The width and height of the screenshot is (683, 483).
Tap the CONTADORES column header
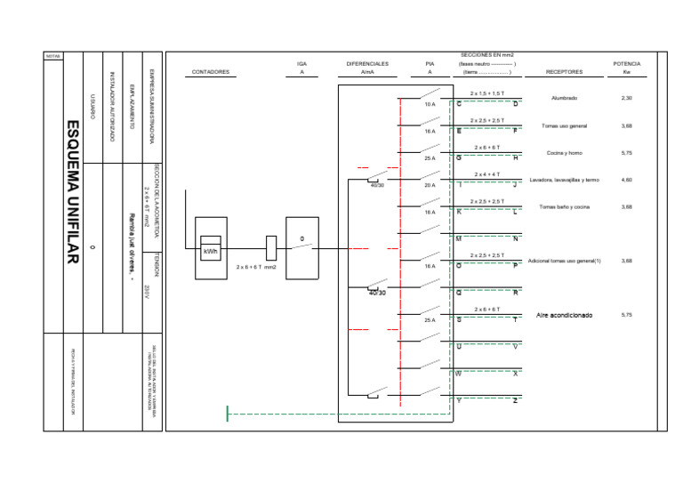coord(211,72)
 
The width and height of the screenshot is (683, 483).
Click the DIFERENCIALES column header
coord(367,68)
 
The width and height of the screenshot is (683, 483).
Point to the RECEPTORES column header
coord(564,72)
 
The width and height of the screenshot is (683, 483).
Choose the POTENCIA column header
coord(627,68)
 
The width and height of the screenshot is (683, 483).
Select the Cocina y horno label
coord(564,153)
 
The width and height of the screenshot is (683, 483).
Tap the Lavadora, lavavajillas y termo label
coord(564,180)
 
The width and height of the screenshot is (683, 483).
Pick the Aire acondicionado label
coord(564,315)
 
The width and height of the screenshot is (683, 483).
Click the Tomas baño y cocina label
coord(564,206)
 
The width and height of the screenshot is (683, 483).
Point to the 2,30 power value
coord(627,98)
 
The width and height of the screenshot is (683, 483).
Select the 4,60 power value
coord(627,180)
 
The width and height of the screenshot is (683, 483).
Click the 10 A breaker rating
coord(430,105)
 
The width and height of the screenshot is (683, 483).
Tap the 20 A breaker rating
coord(430,186)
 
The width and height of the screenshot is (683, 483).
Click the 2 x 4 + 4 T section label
coord(486,174)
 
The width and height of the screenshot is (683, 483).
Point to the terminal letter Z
coord(516,401)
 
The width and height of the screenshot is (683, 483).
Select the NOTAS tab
coord(52,56)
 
